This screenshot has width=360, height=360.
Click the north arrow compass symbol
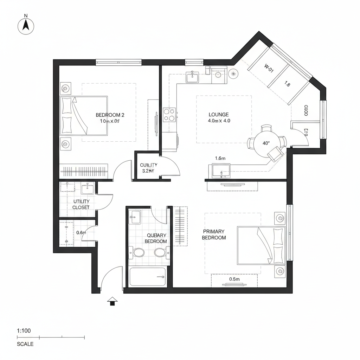point(26,26)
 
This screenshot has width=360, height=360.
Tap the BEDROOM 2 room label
point(110,115)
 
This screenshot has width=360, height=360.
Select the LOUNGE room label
point(219,115)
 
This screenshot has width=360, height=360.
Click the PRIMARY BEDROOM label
point(214,234)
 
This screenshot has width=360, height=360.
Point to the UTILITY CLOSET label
point(81,204)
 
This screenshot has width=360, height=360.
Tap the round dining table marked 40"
point(266,143)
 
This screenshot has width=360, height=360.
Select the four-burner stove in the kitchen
point(169,115)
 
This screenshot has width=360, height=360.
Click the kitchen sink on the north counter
point(192,77)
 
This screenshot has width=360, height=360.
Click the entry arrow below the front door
point(112,301)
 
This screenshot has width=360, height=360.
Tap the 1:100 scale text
point(24,331)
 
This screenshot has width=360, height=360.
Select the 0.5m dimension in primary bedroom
point(234,279)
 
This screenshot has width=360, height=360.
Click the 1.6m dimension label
point(220,158)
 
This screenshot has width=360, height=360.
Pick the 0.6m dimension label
point(81,232)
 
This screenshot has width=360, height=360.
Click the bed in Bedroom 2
point(84,116)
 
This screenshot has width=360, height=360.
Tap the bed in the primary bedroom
point(262,245)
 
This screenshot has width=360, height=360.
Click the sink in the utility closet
point(88,189)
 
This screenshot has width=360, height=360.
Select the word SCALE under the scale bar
point(25,344)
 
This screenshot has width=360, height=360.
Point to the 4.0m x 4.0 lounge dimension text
point(219,121)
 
